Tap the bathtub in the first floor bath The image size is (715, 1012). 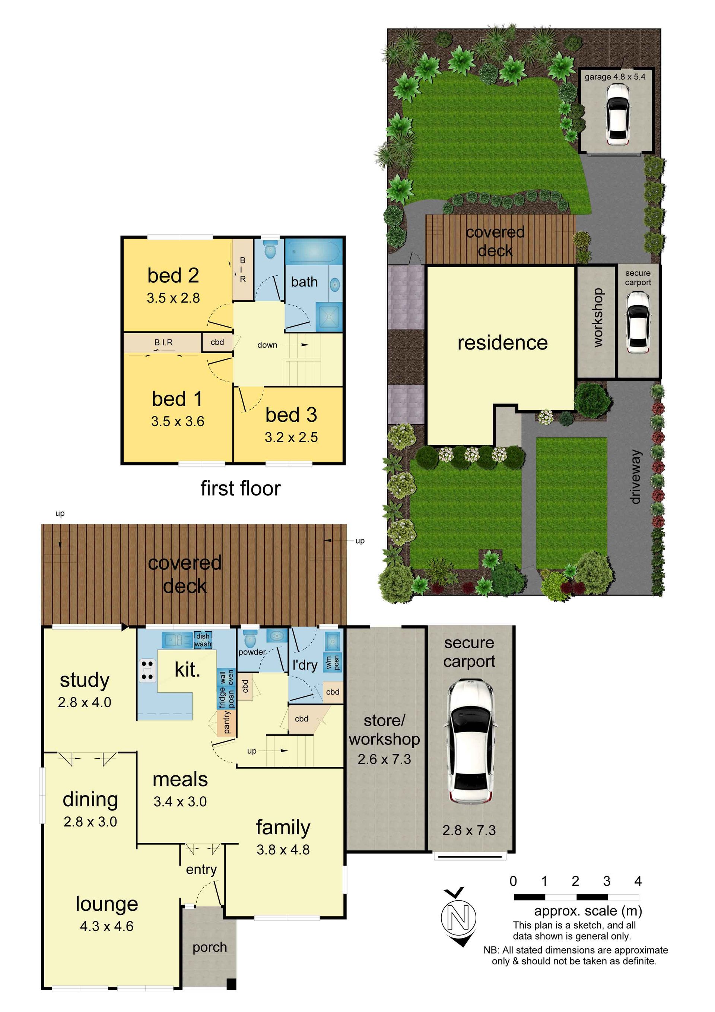coord(314,252)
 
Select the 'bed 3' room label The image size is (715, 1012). coord(291,415)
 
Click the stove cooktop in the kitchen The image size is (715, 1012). coord(147,671)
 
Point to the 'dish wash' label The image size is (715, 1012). coord(203,640)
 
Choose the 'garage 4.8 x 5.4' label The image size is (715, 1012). coord(615,77)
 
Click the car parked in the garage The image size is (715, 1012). coord(617,114)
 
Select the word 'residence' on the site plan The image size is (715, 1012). coord(503,342)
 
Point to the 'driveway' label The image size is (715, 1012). coord(635,477)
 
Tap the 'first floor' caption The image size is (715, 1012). coord(241,488)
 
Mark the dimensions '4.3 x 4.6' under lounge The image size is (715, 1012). coord(107,926)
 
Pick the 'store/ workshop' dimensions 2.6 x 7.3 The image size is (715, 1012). coord(384,759)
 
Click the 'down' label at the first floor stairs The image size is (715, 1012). coord(267,345)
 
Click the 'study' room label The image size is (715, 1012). coord(85,680)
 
